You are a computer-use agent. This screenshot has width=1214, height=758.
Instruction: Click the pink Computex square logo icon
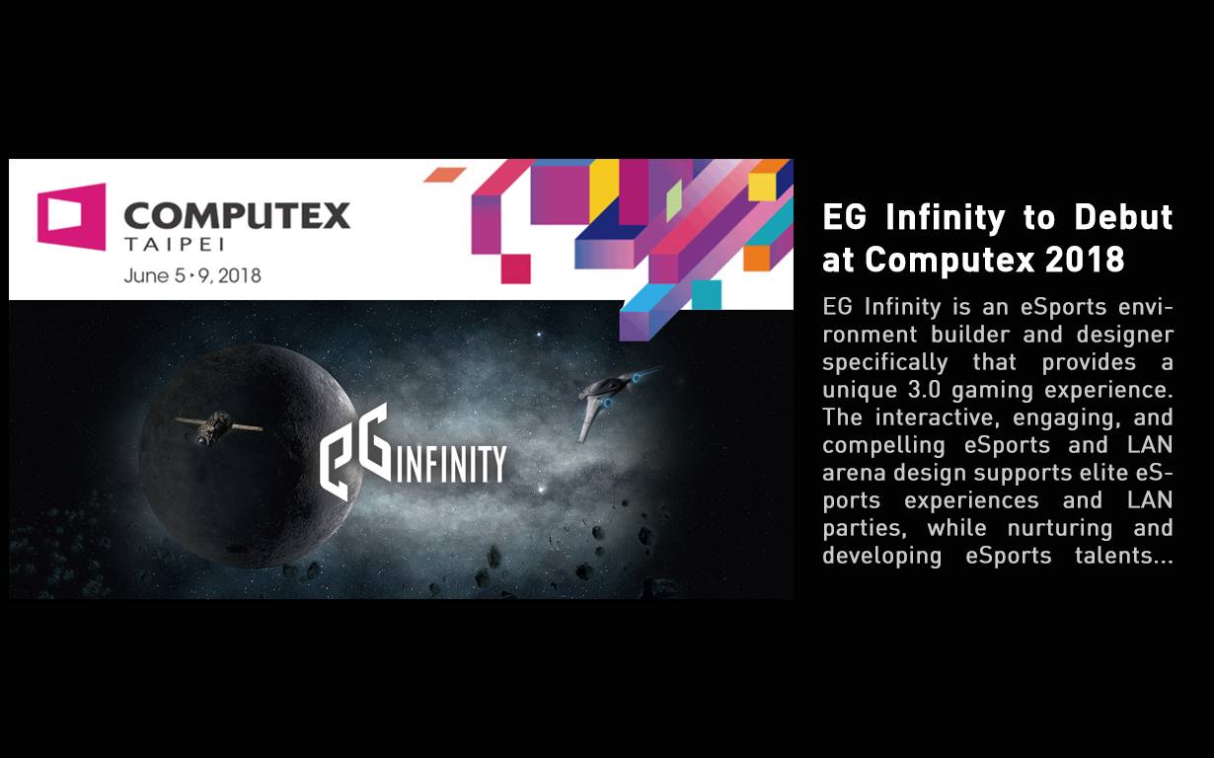71,217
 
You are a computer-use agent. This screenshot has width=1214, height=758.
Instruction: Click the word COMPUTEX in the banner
238,215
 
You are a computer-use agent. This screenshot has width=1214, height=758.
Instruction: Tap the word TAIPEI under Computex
174,245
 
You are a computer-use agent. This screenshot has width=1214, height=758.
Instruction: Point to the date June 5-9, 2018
192,275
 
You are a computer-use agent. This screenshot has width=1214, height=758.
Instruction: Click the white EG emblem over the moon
355,451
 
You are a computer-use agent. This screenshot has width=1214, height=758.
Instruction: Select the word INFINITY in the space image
452,464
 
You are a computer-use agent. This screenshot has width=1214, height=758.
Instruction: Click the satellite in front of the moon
218,425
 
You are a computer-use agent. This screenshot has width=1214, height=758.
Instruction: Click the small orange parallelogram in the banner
445,175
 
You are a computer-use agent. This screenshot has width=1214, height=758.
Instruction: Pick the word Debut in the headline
1123,217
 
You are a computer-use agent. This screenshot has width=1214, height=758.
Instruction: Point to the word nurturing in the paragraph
1060,529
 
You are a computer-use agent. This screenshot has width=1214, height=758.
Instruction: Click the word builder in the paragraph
970,334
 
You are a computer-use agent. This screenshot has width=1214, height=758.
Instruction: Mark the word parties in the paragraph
865,529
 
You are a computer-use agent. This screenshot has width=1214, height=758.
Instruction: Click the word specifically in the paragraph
885,362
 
